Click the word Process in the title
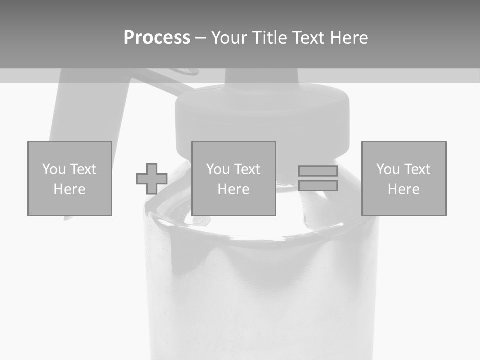[157, 38]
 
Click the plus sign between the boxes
[152, 179]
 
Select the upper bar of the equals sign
[318, 171]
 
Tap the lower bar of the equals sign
[318, 186]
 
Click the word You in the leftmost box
[53, 169]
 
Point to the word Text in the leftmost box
[83, 169]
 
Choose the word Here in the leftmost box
[69, 189]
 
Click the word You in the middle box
[217, 169]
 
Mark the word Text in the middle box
[247, 169]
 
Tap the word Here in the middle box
[233, 189]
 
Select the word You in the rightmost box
[387, 169]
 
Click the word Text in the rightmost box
[417, 169]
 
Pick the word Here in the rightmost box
[403, 189]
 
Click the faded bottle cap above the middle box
[262, 112]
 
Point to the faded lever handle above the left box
[85, 110]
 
